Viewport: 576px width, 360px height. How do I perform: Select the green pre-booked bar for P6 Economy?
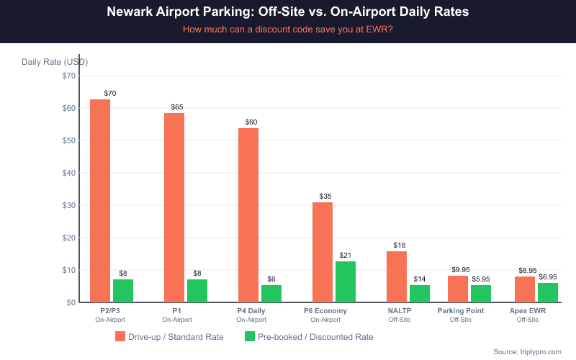pyautogui.click(x=346, y=282)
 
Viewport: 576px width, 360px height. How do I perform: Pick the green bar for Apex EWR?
pyautogui.click(x=548, y=292)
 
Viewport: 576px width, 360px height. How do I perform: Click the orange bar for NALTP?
pyautogui.click(x=397, y=276)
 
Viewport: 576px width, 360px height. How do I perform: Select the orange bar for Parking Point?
pyautogui.click(x=458, y=289)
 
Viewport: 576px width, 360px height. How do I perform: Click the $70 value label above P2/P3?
pyautogui.click(x=110, y=94)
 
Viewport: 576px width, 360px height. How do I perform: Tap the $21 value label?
pyautogui.click(x=346, y=256)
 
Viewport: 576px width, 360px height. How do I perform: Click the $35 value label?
pyautogui.click(x=325, y=197)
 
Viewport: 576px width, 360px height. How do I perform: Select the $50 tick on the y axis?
pyautogui.click(x=69, y=140)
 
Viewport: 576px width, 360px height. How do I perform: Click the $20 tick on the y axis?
pyautogui.click(x=69, y=238)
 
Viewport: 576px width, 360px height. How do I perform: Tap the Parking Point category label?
pyautogui.click(x=461, y=311)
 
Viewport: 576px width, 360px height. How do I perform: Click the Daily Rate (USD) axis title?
pyautogui.click(x=55, y=62)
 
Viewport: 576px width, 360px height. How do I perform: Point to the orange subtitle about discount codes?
pyautogui.click(x=288, y=30)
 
